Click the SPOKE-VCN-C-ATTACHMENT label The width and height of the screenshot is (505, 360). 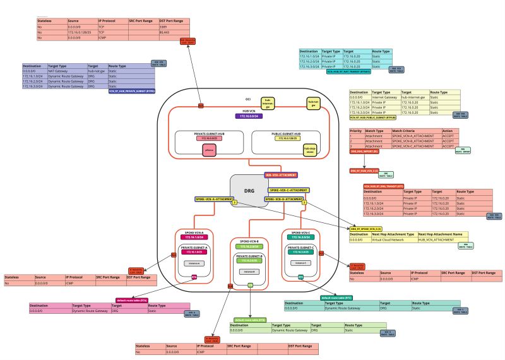click(288, 189)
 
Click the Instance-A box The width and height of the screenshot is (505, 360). click(194, 263)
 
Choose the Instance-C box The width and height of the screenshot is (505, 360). click(300, 262)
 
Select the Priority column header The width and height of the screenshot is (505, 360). click(357, 131)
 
